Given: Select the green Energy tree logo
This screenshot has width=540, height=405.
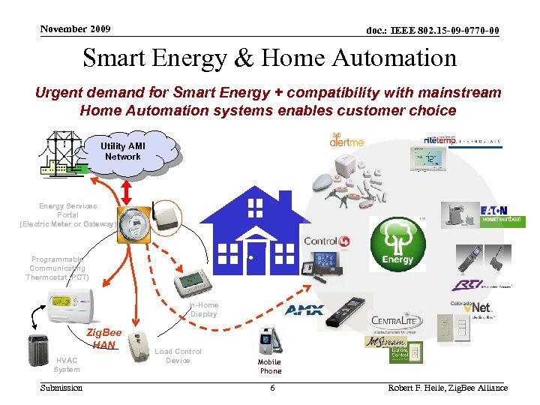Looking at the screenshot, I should coord(397,244).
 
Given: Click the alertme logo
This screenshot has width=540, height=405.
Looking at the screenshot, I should coord(347,139).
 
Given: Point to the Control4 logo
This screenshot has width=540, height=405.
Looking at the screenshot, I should coord(320,241).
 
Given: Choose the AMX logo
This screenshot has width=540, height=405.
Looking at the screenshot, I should coord(304,310).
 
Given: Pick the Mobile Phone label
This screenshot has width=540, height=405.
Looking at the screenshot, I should coord(271,366).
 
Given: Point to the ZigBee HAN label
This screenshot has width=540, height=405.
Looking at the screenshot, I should coord(104,338).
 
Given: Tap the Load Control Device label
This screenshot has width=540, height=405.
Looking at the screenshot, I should coord(178,355).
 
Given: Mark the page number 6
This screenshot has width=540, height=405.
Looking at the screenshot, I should coord(272,388).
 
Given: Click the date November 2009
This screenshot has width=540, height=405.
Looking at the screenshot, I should coord(75,29).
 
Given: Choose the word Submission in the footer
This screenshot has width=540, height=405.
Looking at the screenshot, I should coord(61,388).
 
